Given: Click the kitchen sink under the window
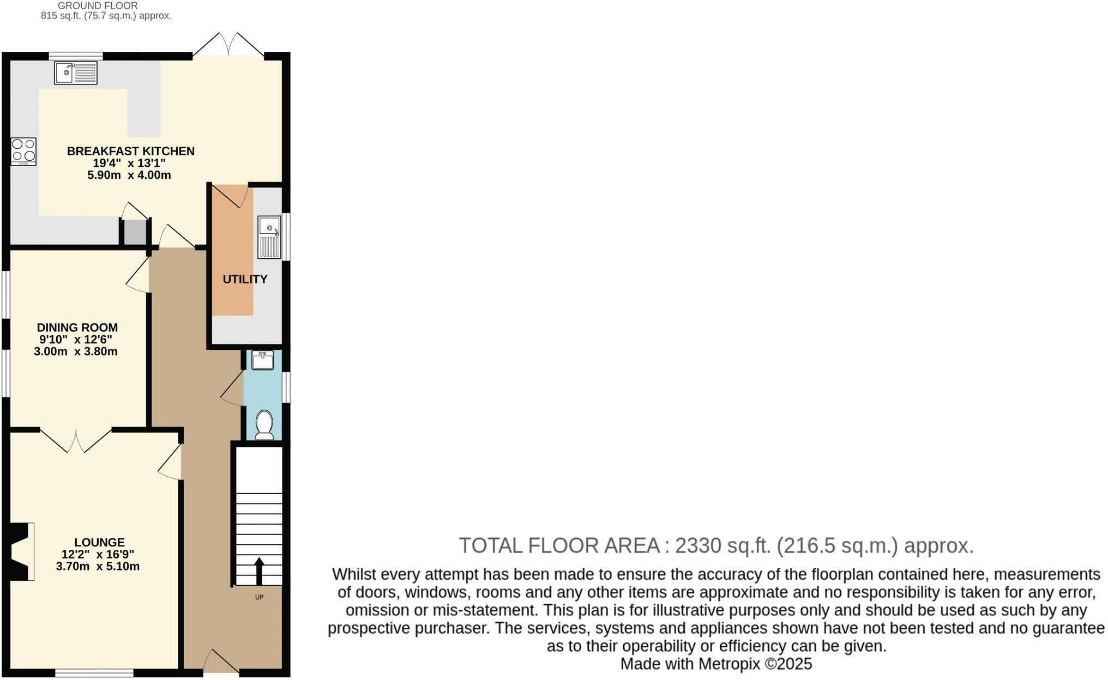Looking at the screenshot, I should click(76, 73).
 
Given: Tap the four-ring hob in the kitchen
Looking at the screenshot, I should click(23, 151).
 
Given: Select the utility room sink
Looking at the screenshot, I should click(269, 237).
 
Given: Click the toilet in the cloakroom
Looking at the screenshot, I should click(264, 424).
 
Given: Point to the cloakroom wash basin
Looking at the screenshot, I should click(263, 360).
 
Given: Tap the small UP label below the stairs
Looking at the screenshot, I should click(259, 597).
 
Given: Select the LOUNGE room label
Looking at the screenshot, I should click(99, 542).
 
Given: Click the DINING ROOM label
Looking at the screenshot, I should click(77, 327).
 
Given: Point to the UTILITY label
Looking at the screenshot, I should click(245, 280).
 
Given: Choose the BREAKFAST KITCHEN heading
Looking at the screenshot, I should click(130, 151).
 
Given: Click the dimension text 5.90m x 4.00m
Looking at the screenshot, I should click(129, 175).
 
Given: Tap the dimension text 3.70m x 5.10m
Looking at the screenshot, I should click(98, 567).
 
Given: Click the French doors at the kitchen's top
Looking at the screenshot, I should click(228, 45).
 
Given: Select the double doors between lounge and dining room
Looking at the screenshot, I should click(76, 440).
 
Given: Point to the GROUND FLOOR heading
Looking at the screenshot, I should click(98, 5).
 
